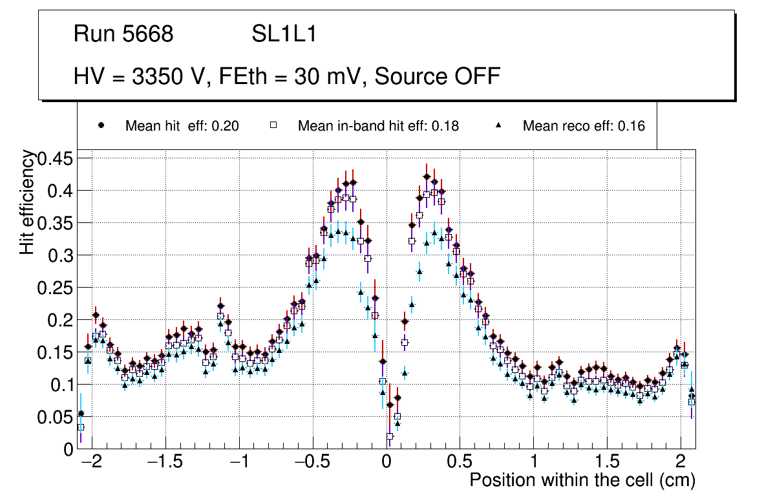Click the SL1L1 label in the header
point(284,34)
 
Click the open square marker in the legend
point(273,125)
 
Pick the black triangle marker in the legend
point(498,125)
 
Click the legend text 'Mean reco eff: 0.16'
point(584,126)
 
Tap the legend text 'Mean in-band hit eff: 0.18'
point(378,126)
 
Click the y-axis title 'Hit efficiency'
point(27,202)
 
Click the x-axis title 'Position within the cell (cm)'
point(582,481)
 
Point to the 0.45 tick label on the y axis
point(56,158)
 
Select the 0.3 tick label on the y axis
point(63,255)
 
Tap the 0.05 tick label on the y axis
point(56,417)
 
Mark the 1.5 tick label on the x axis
point(606,463)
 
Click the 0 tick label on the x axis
point(386,463)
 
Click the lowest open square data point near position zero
point(390,436)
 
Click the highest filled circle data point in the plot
point(427,177)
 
